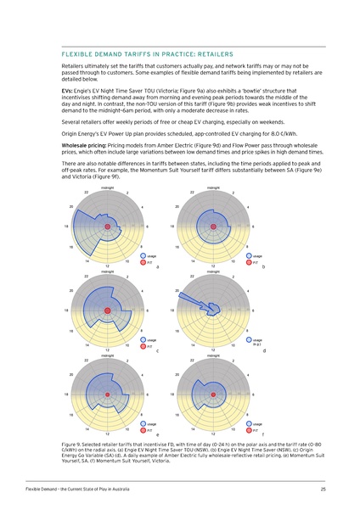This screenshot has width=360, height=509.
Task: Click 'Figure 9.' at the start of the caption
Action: (x=76, y=443)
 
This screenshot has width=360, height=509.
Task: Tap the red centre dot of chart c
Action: (x=108, y=311)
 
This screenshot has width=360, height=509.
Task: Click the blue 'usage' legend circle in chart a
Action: (x=142, y=255)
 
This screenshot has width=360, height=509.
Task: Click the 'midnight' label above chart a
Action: (x=108, y=187)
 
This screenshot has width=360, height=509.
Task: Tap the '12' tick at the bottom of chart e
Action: (x=108, y=434)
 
